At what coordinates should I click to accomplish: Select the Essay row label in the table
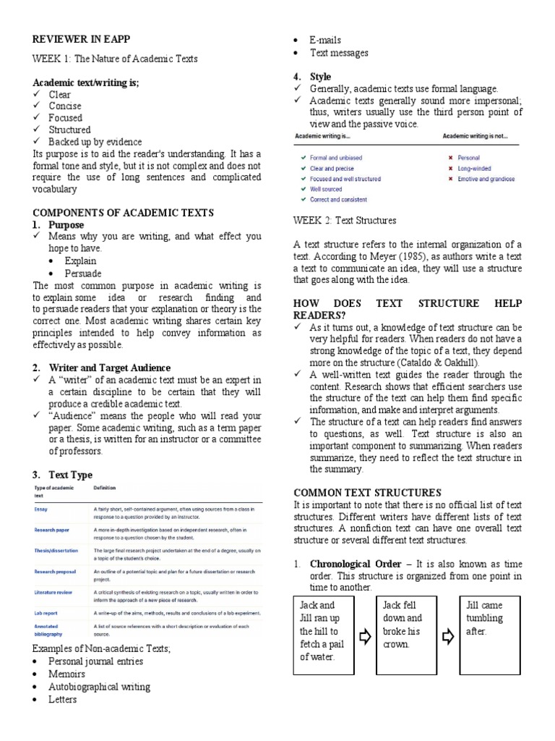[x=40, y=509]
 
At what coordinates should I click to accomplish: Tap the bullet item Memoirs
[x=66, y=674]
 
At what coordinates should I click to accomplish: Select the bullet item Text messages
[x=339, y=53]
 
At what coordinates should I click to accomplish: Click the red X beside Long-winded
[x=450, y=169]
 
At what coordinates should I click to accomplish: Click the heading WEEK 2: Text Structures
[x=345, y=221]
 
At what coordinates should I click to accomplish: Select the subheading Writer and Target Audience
[x=110, y=368]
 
